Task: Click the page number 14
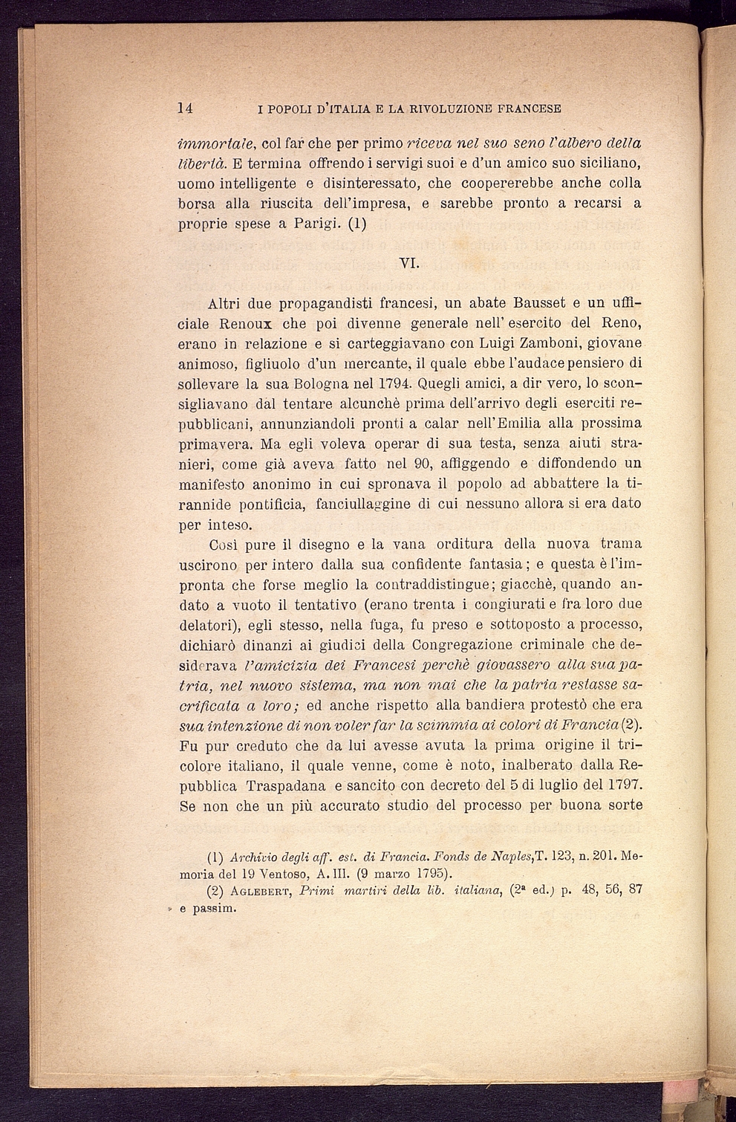pyautogui.click(x=186, y=108)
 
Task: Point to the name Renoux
pyautogui.click(x=245, y=324)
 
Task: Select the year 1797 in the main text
pyautogui.click(x=618, y=785)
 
